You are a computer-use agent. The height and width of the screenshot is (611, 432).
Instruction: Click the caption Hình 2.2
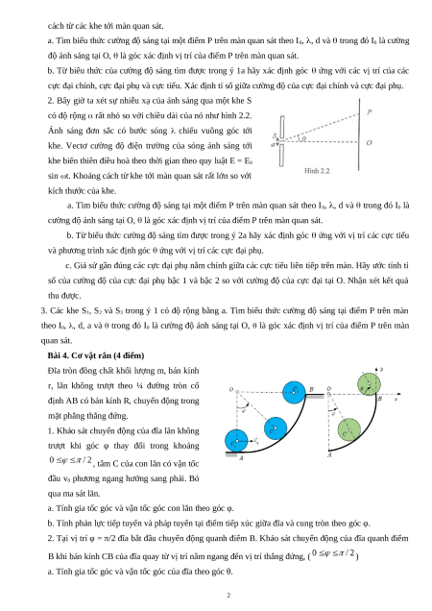pyautogui.click(x=317, y=171)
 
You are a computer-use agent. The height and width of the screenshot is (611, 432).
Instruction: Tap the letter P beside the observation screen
pyautogui.click(x=370, y=112)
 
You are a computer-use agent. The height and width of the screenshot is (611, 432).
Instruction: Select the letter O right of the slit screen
pyautogui.click(x=369, y=142)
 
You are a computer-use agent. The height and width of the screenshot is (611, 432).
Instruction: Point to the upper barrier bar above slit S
pyautogui.click(x=282, y=127)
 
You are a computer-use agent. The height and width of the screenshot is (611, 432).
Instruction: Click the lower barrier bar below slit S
pyautogui.click(x=281, y=155)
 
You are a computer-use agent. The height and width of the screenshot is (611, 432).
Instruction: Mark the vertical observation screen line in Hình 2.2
pyautogui.click(x=359, y=134)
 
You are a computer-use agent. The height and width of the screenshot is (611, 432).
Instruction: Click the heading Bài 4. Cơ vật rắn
pyautogui.click(x=96, y=355)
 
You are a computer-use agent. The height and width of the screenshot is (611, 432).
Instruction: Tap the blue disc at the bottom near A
pyautogui.click(x=236, y=441)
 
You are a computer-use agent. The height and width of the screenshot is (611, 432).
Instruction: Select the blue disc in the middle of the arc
pyautogui.click(x=276, y=428)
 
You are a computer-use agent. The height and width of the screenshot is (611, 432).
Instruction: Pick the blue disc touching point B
pyautogui.click(x=295, y=392)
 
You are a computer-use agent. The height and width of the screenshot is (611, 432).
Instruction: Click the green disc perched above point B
pyautogui.click(x=369, y=384)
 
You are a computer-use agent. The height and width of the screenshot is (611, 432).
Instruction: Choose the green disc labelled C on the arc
pyautogui.click(x=349, y=430)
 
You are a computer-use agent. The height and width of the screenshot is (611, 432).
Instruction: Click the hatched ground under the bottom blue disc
pyautogui.click(x=233, y=453)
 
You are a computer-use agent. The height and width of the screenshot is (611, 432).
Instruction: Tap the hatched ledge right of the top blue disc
pyautogui.click(x=315, y=397)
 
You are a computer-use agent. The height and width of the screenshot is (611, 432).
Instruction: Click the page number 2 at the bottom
pyautogui.click(x=228, y=595)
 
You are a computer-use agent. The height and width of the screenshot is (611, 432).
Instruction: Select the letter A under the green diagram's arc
pyautogui.click(x=329, y=454)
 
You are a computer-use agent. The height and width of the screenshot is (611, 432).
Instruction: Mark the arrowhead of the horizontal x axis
pyautogui.click(x=398, y=394)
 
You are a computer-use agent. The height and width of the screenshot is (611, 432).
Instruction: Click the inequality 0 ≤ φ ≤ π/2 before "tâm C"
pyautogui.click(x=70, y=460)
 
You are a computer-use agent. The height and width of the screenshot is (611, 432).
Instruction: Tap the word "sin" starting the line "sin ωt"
pyautogui.click(x=53, y=176)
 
